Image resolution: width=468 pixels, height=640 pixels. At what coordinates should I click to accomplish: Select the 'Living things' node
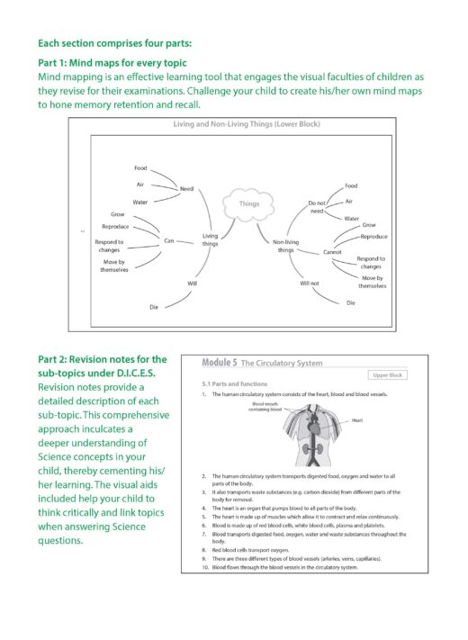[x=210, y=240]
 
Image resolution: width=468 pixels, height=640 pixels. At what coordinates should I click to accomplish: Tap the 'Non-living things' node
[x=285, y=245]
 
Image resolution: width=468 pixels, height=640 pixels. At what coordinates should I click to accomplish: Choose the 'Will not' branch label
[x=310, y=284]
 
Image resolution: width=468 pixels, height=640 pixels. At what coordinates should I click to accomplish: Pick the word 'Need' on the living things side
[x=187, y=188]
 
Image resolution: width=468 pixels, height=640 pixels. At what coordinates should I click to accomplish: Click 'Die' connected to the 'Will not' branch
[x=350, y=303]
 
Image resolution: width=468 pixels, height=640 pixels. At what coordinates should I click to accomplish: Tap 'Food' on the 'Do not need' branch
[x=351, y=185]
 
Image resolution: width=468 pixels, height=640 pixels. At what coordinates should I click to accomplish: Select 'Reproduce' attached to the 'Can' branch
[x=115, y=227]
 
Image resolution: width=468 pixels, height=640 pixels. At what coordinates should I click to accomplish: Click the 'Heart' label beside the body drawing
[x=357, y=419]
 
